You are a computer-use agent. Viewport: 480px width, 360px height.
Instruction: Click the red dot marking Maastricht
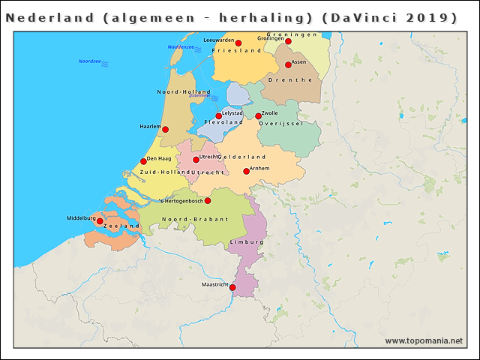point(232,288)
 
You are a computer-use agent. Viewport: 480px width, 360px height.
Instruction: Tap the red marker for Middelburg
point(100,221)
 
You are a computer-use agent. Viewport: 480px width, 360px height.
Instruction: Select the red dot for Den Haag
point(143,161)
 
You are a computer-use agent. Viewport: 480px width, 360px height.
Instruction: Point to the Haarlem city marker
point(165,130)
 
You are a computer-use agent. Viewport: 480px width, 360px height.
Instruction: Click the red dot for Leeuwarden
point(238,43)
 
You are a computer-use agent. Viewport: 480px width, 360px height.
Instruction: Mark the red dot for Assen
point(288,65)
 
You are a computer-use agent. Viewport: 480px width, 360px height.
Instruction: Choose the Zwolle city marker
point(258,116)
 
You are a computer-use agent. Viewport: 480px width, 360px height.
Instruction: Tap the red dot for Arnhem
point(246,172)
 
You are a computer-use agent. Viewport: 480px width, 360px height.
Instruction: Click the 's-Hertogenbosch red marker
point(208,201)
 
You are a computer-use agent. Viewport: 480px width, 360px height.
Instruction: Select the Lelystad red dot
point(218,116)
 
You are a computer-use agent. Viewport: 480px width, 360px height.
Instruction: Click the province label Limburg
point(247,243)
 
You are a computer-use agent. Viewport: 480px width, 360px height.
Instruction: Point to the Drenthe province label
point(295,79)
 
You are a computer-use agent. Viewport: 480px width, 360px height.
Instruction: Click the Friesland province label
point(236,50)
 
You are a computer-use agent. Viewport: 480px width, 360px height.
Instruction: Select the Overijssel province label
point(280,123)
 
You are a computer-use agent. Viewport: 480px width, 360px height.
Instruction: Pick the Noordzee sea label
point(90,61)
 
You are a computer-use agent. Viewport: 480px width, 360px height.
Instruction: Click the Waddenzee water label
point(181,46)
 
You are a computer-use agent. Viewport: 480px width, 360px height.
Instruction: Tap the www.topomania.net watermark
point(424,340)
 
